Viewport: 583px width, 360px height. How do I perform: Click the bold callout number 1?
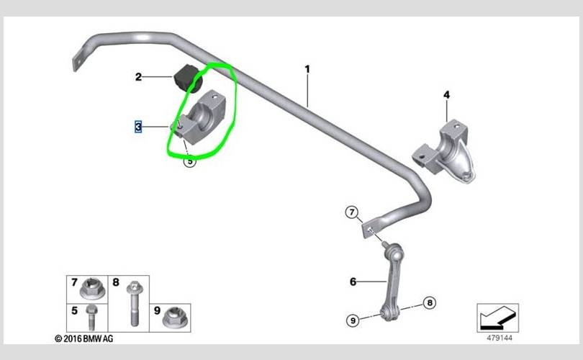[x=307, y=69]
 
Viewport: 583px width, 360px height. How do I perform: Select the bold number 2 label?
[x=138, y=77]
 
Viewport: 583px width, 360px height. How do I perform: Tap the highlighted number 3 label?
[x=138, y=127]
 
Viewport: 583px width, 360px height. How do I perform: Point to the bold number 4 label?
[x=446, y=95]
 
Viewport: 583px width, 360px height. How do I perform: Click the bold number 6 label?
[x=353, y=282]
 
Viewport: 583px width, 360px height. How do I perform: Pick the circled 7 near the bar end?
[x=352, y=212]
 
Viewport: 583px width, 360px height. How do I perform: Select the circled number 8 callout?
[x=430, y=302]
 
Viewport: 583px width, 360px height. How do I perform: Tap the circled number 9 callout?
[x=353, y=320]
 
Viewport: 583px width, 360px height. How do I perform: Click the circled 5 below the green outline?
[x=190, y=161]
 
